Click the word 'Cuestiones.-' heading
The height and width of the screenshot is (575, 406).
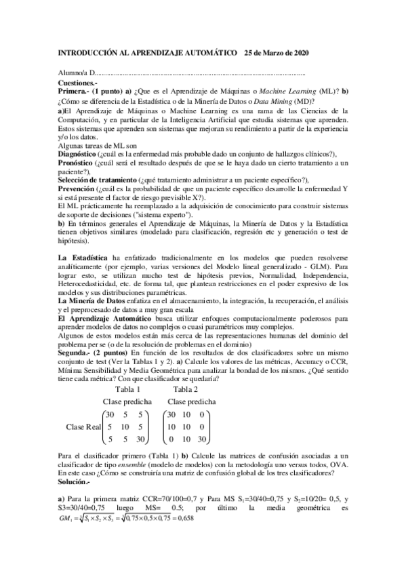(x=77, y=81)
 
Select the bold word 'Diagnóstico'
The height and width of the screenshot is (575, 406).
(x=78, y=155)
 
